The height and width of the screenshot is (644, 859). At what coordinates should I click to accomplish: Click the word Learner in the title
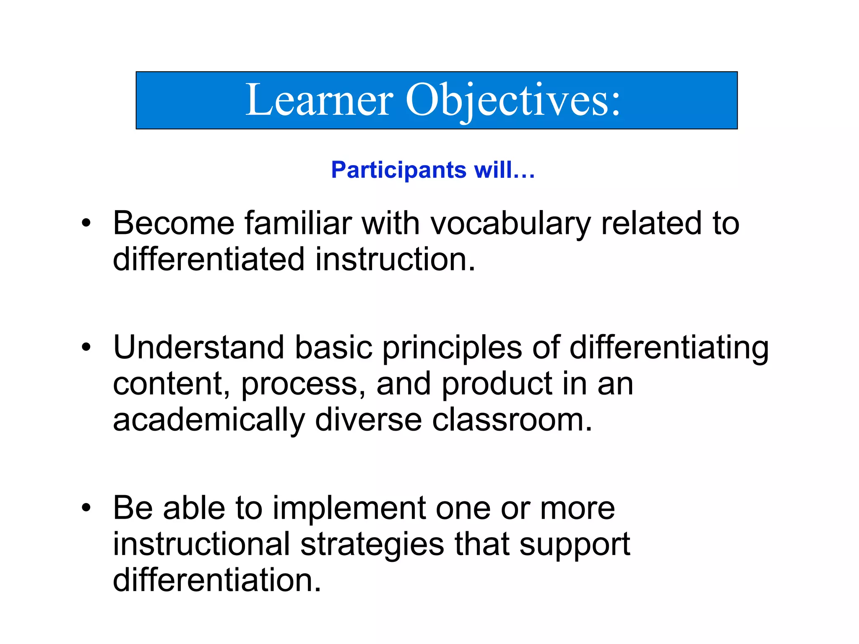pos(319,101)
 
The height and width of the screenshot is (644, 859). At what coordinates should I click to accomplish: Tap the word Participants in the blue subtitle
pos(398,170)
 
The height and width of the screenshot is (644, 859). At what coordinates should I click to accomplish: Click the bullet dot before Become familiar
pos(86,223)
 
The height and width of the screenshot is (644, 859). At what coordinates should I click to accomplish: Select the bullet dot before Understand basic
pos(86,348)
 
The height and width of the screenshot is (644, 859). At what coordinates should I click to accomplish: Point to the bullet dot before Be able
pos(86,508)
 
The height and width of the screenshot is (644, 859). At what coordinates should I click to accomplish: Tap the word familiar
pos(298,223)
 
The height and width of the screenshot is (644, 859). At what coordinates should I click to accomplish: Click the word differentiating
pos(669,348)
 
